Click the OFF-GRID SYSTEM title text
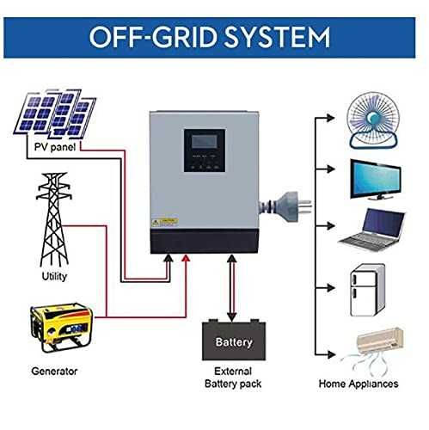(x=214, y=37)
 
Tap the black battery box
(x=233, y=341)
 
